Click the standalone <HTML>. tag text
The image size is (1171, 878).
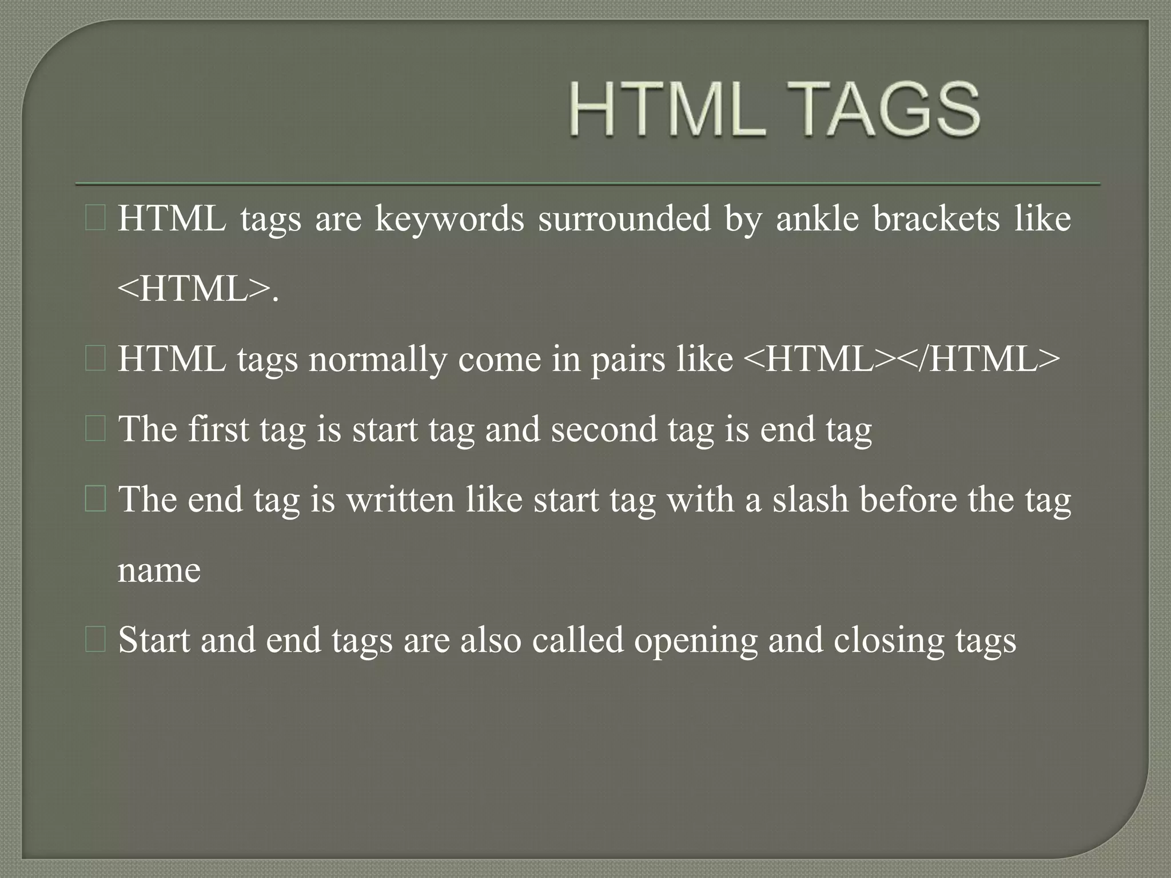(x=198, y=289)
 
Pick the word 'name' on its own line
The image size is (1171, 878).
(x=159, y=570)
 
